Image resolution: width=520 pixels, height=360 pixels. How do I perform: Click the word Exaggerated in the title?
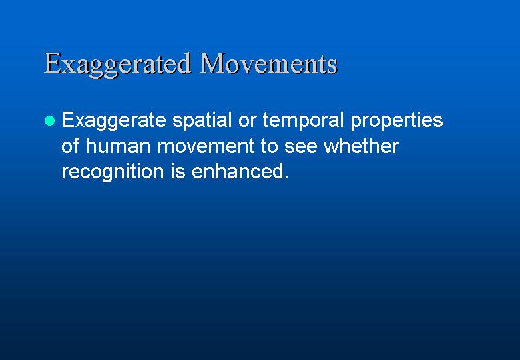click(117, 65)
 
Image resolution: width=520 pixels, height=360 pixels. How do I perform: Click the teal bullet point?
click(49, 120)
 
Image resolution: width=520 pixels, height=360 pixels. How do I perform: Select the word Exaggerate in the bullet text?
click(113, 121)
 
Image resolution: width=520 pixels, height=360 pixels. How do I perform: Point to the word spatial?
click(202, 121)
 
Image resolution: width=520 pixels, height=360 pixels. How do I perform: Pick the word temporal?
click(303, 121)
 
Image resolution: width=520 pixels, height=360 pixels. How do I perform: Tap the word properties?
click(397, 121)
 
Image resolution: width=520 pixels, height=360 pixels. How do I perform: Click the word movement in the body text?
click(206, 146)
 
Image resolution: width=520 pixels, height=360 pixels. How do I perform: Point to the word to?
click(269, 146)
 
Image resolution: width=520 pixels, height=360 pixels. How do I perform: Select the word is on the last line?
click(178, 172)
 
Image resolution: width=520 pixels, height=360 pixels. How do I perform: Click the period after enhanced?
click(286, 177)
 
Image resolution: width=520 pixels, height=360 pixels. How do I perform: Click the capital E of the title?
click(52, 63)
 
